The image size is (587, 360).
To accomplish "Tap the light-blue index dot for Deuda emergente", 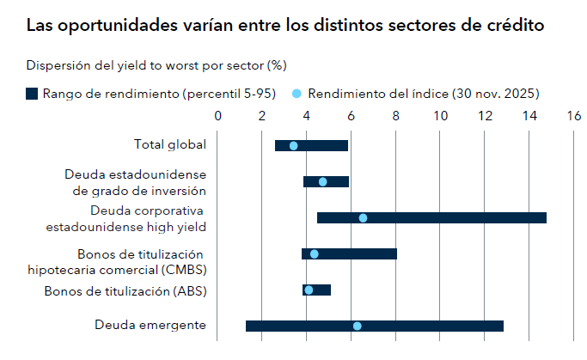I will point(357,326).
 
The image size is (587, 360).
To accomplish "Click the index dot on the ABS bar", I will point(309,290).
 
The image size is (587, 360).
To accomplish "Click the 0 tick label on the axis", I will point(217,115).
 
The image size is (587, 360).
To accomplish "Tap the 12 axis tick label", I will point(486,115).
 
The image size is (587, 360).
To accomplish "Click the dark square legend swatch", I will point(32,93).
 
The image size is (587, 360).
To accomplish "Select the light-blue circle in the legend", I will point(297,93).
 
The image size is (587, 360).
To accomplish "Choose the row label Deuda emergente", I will point(150,325).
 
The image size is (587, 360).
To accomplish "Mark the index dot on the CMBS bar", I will point(314,253).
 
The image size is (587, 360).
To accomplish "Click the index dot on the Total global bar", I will point(293,145).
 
